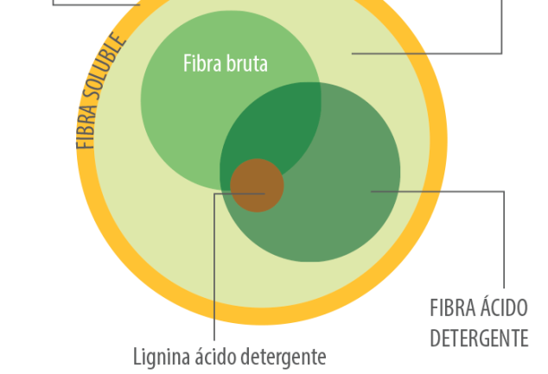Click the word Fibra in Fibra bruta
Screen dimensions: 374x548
pyautogui.click(x=199, y=63)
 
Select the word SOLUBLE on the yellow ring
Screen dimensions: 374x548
pyautogui.click(x=106, y=78)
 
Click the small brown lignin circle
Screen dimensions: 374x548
pyautogui.click(x=257, y=185)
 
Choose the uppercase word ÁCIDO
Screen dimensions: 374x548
pyautogui.click(x=505, y=307)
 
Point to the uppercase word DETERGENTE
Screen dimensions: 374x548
pyautogui.click(x=479, y=337)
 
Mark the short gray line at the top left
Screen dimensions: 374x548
pyautogui.click(x=95, y=3)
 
